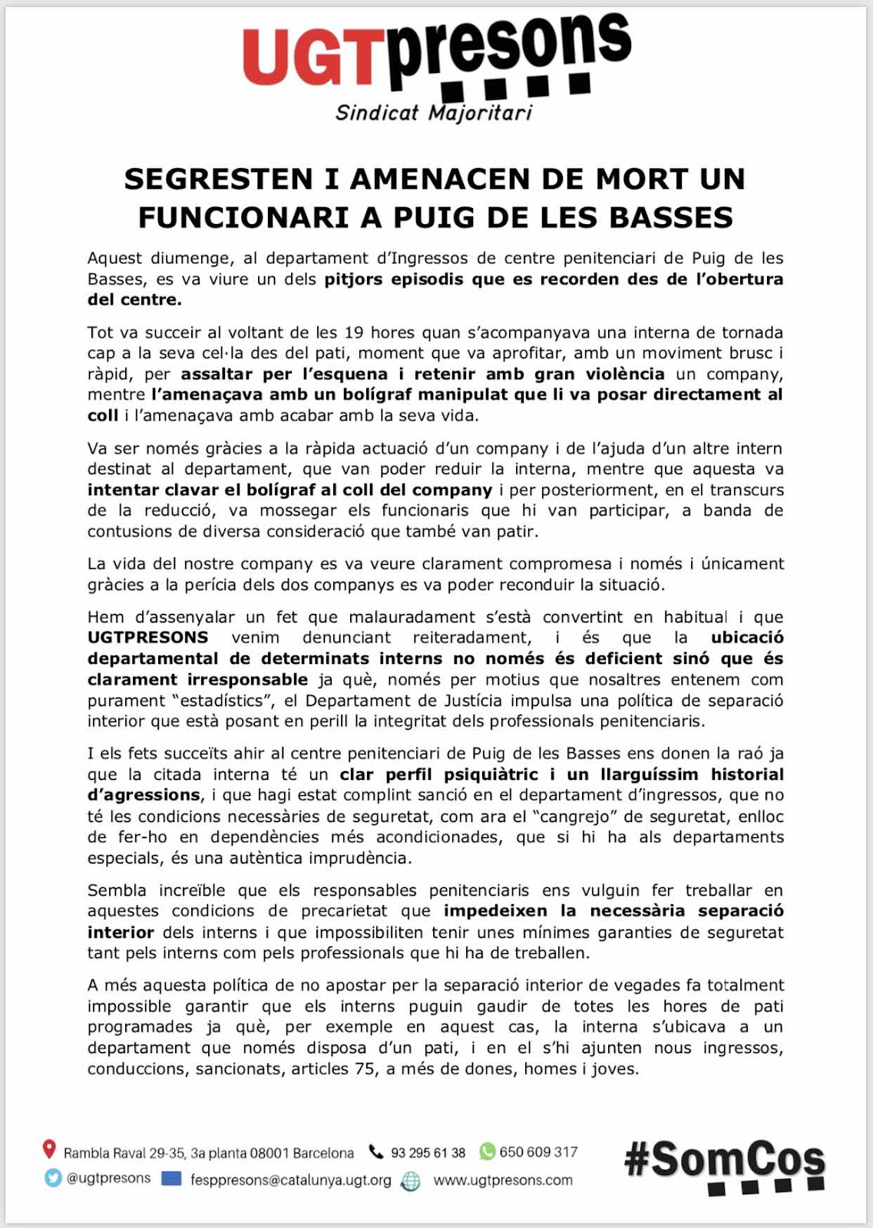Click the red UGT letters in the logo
(x=314, y=58)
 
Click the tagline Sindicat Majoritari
(x=434, y=113)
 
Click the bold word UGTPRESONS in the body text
(x=148, y=637)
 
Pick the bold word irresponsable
(x=248, y=679)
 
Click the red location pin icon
(x=49, y=1149)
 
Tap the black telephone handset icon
(x=375, y=1151)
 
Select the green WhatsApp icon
(x=487, y=1151)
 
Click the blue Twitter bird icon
(x=53, y=1177)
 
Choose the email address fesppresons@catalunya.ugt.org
(x=290, y=1180)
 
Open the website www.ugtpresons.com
(x=503, y=1180)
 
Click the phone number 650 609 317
(x=538, y=1151)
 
